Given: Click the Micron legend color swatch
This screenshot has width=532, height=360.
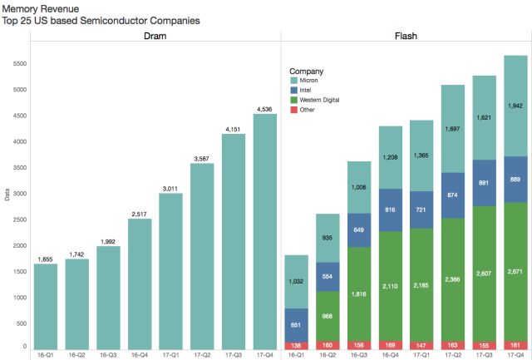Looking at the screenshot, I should (293, 81).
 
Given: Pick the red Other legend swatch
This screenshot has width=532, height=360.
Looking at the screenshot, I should (293, 110).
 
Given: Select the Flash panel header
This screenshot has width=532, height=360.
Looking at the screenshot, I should (406, 37).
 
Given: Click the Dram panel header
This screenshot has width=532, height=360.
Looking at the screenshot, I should (155, 37).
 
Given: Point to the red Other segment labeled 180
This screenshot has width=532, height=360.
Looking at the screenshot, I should (328, 344).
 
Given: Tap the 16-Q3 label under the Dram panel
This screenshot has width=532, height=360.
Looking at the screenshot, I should (108, 355).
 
